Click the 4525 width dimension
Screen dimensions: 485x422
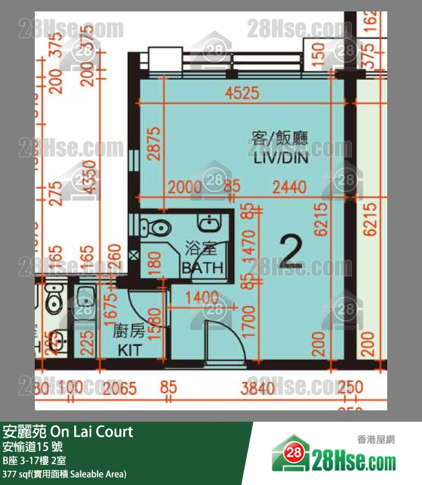pos(242,92)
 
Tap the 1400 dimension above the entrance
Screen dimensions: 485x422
pos(201,297)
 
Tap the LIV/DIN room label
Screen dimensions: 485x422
pos(281,158)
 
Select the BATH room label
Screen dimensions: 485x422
pos(202,267)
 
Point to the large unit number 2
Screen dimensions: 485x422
pos(291,253)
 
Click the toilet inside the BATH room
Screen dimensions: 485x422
pos(157,228)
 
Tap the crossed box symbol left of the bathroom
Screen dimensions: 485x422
pos(134,255)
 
